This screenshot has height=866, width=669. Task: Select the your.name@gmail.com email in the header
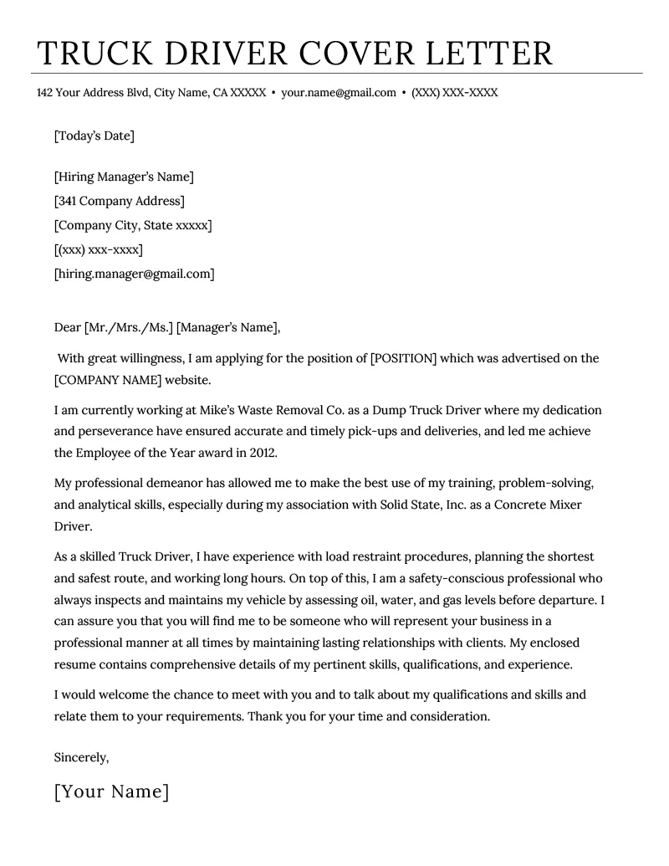[338, 93]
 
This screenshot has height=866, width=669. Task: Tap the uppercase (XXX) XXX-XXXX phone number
[454, 93]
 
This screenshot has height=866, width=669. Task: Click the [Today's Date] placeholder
[94, 136]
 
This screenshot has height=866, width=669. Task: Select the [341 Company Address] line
[119, 201]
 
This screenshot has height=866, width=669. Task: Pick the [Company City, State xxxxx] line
[133, 225]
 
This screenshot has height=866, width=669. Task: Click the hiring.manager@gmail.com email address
[134, 274]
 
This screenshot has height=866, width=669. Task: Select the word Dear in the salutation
[67, 327]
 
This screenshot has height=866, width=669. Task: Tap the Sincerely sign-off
[81, 757]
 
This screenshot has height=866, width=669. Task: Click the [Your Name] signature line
[111, 792]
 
